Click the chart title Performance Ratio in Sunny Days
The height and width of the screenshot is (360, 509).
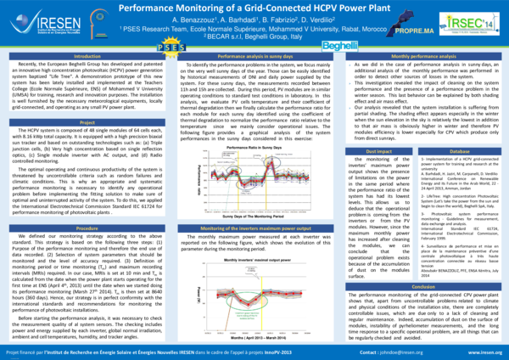[255, 147]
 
